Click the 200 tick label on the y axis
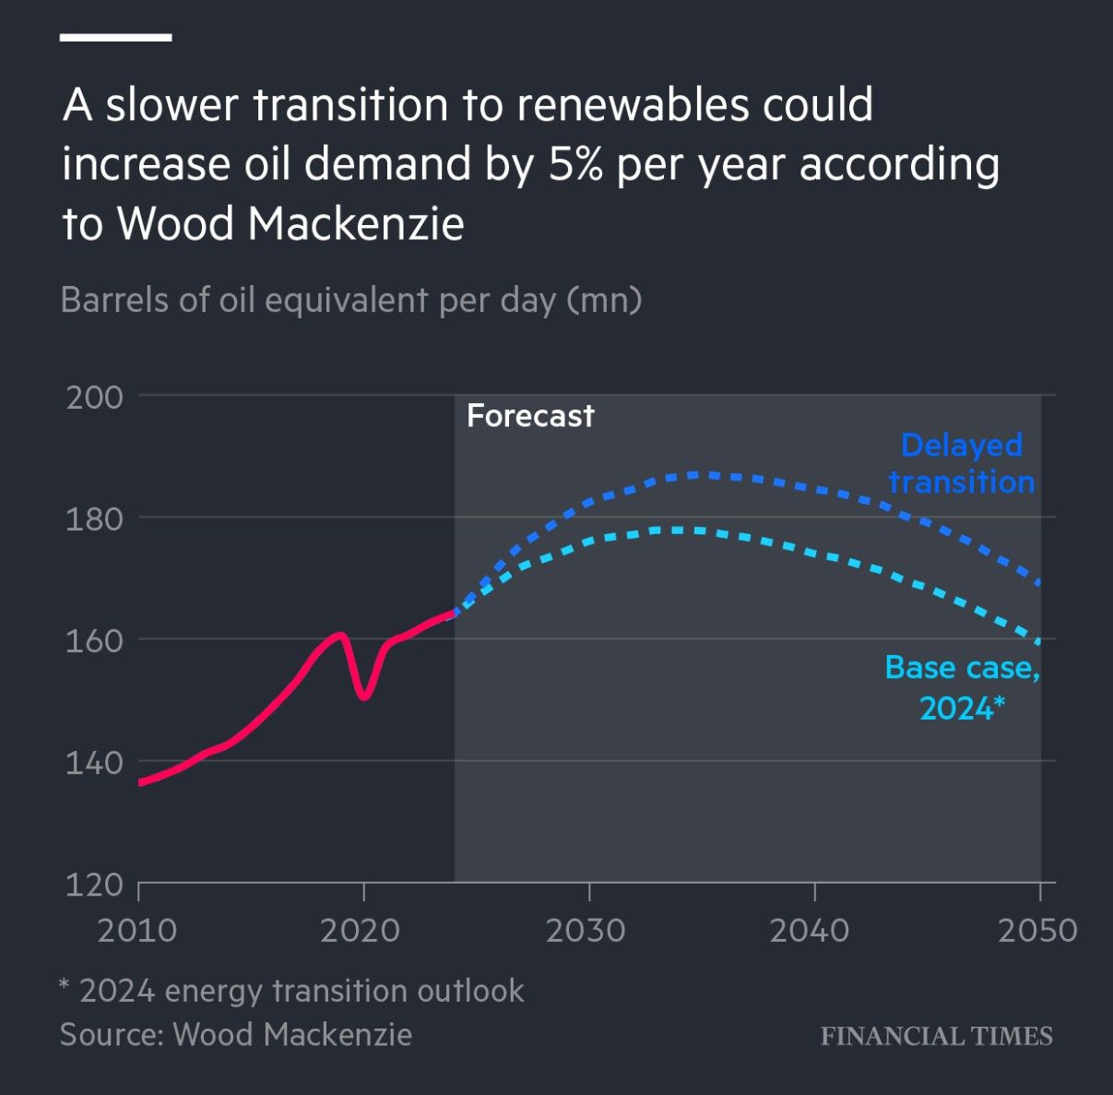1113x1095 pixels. pyautogui.click(x=94, y=398)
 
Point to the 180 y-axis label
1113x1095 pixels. pyautogui.click(x=94, y=519)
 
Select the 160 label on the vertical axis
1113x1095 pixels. pyautogui.click(x=94, y=641)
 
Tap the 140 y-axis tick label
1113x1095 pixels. pyautogui.click(x=94, y=763)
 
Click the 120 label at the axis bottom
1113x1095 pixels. pyautogui.click(x=94, y=885)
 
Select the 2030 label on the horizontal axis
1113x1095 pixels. pyautogui.click(x=586, y=930)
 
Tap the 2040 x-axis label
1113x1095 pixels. pyautogui.click(x=810, y=930)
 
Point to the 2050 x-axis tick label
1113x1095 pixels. pyautogui.click(x=1037, y=930)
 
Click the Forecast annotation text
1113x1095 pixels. pyautogui.click(x=530, y=416)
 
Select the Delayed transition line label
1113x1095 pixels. pyautogui.click(x=962, y=463)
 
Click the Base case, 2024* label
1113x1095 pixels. pyautogui.click(x=962, y=687)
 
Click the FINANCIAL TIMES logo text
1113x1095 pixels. pyautogui.click(x=936, y=1036)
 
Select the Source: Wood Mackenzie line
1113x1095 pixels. pyautogui.click(x=236, y=1034)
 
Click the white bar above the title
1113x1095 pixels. pyautogui.click(x=116, y=38)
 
